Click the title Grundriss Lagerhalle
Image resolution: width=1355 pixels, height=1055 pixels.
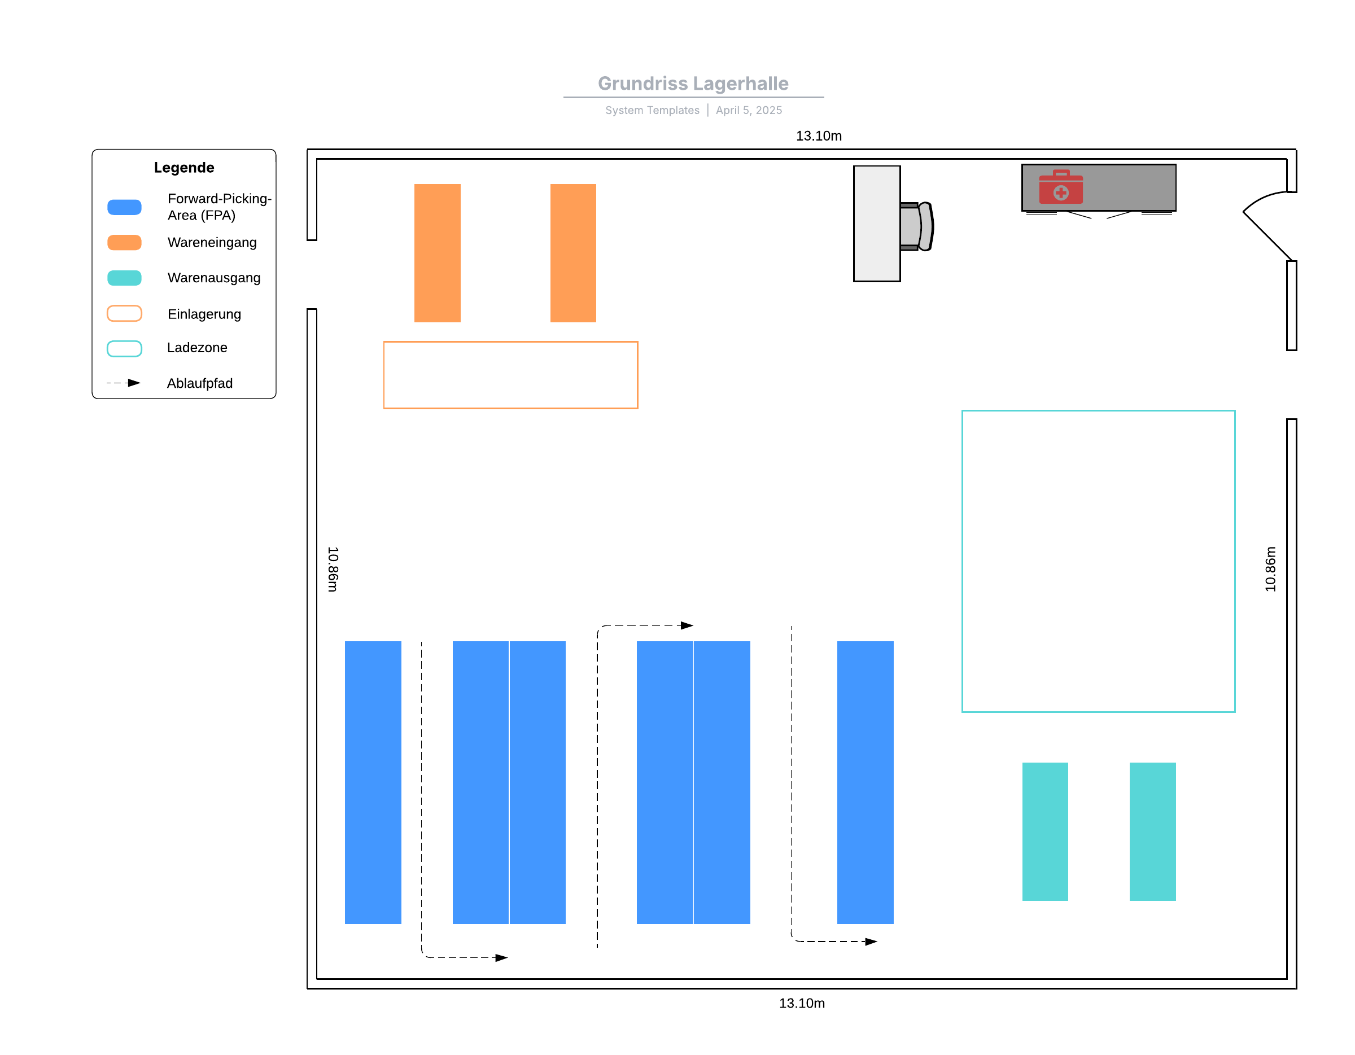[x=692, y=83]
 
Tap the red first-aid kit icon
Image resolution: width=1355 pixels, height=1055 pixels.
[x=1061, y=187]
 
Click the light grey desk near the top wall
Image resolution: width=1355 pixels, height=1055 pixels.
[x=876, y=224]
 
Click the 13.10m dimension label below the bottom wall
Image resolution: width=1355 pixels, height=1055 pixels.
[x=802, y=1004]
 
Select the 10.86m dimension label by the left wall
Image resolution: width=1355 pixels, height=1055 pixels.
[x=333, y=569]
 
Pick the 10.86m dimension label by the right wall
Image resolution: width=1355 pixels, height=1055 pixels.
[x=1270, y=569]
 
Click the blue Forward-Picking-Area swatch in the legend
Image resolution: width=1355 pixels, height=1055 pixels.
[x=124, y=207]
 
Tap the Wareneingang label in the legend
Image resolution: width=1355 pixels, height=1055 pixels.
[x=212, y=243]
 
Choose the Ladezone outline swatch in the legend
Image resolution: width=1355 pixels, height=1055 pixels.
[x=124, y=349]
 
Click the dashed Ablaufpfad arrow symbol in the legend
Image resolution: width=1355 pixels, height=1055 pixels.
[x=124, y=383]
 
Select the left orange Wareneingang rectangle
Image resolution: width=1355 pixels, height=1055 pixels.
[x=438, y=252]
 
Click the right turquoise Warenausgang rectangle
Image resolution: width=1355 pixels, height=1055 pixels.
[x=1152, y=831]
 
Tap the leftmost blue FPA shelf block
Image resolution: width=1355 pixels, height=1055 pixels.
[x=373, y=782]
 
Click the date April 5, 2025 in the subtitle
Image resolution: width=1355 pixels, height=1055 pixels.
[x=749, y=111]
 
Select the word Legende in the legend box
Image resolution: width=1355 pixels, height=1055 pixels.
[x=183, y=168]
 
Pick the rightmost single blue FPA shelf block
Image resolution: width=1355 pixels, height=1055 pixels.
[x=865, y=782]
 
